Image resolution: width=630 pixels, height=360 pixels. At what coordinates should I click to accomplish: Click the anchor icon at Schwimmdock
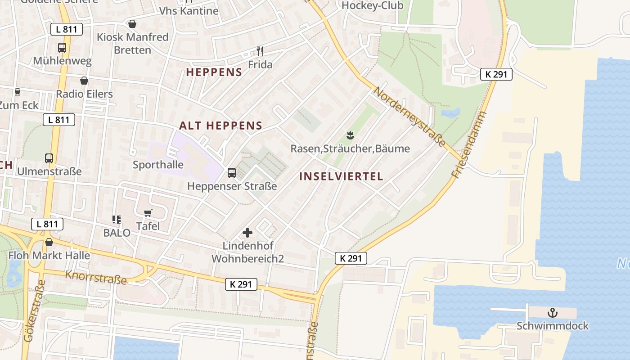[x=552, y=313]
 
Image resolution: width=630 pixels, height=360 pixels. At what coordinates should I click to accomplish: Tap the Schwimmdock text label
[x=552, y=326]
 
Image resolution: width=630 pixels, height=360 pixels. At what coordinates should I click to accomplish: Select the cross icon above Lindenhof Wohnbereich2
[x=247, y=233]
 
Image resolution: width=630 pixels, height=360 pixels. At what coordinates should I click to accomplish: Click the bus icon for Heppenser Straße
[x=232, y=172]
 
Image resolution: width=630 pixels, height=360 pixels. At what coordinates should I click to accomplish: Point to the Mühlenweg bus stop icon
[x=62, y=48]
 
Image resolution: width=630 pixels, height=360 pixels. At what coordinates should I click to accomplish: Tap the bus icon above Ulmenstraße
[x=49, y=158]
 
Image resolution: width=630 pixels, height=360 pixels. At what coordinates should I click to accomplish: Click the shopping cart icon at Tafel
[x=148, y=213]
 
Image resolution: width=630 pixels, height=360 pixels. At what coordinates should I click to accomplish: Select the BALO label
[x=117, y=233]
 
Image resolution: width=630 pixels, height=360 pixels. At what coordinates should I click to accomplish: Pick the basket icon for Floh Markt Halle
[x=49, y=243]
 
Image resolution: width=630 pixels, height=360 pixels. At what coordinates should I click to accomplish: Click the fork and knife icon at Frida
[x=260, y=51]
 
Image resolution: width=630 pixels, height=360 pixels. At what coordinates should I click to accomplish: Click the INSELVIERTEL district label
[x=341, y=176]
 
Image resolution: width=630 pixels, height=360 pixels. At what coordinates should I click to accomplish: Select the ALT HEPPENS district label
[x=220, y=126]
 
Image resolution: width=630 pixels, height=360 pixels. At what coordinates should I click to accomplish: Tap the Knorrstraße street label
[x=96, y=277]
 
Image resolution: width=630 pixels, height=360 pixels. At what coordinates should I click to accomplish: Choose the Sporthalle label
[x=158, y=165]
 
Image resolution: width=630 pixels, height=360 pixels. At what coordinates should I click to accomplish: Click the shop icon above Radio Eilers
[x=84, y=81]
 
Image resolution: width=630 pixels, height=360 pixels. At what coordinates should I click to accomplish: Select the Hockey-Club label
[x=373, y=5]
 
